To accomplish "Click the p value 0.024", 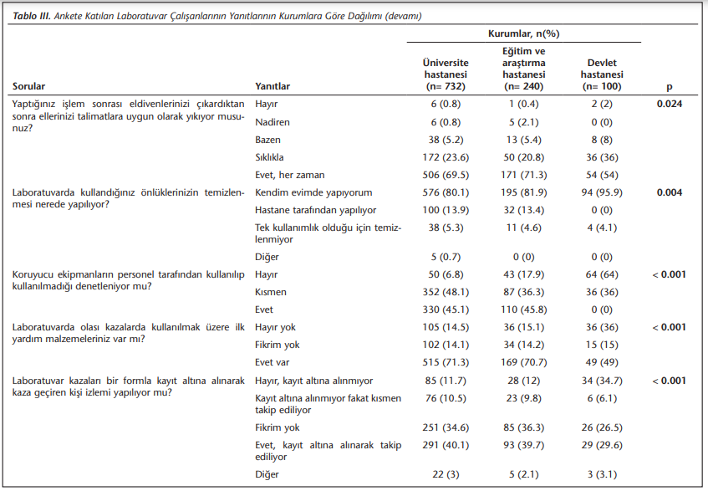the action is coord(670,104).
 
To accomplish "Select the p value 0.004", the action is coord(670,192).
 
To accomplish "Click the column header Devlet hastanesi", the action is coord(602,74).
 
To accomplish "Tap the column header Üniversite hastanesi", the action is coord(446,74).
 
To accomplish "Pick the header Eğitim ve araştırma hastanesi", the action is coord(524,69).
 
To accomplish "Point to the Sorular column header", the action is coord(29,86).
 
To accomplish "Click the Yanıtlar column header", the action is coord(273,86).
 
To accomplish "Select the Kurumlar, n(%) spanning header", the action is coord(524,34).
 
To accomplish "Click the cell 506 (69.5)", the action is coord(446,176).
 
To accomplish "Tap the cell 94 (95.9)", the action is coord(602,192).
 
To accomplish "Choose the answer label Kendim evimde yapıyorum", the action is coord(313,193).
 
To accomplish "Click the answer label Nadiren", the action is coord(273,122).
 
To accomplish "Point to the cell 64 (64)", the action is coord(602,274).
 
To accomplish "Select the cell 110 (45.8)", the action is coord(524,309).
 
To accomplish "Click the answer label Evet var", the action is coord(272,363).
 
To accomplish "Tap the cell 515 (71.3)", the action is coord(446,363).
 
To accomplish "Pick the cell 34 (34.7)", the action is coord(602,381).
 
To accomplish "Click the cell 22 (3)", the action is coord(446,475).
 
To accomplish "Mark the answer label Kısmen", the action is coord(271,292).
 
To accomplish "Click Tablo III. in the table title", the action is coord(32,16).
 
